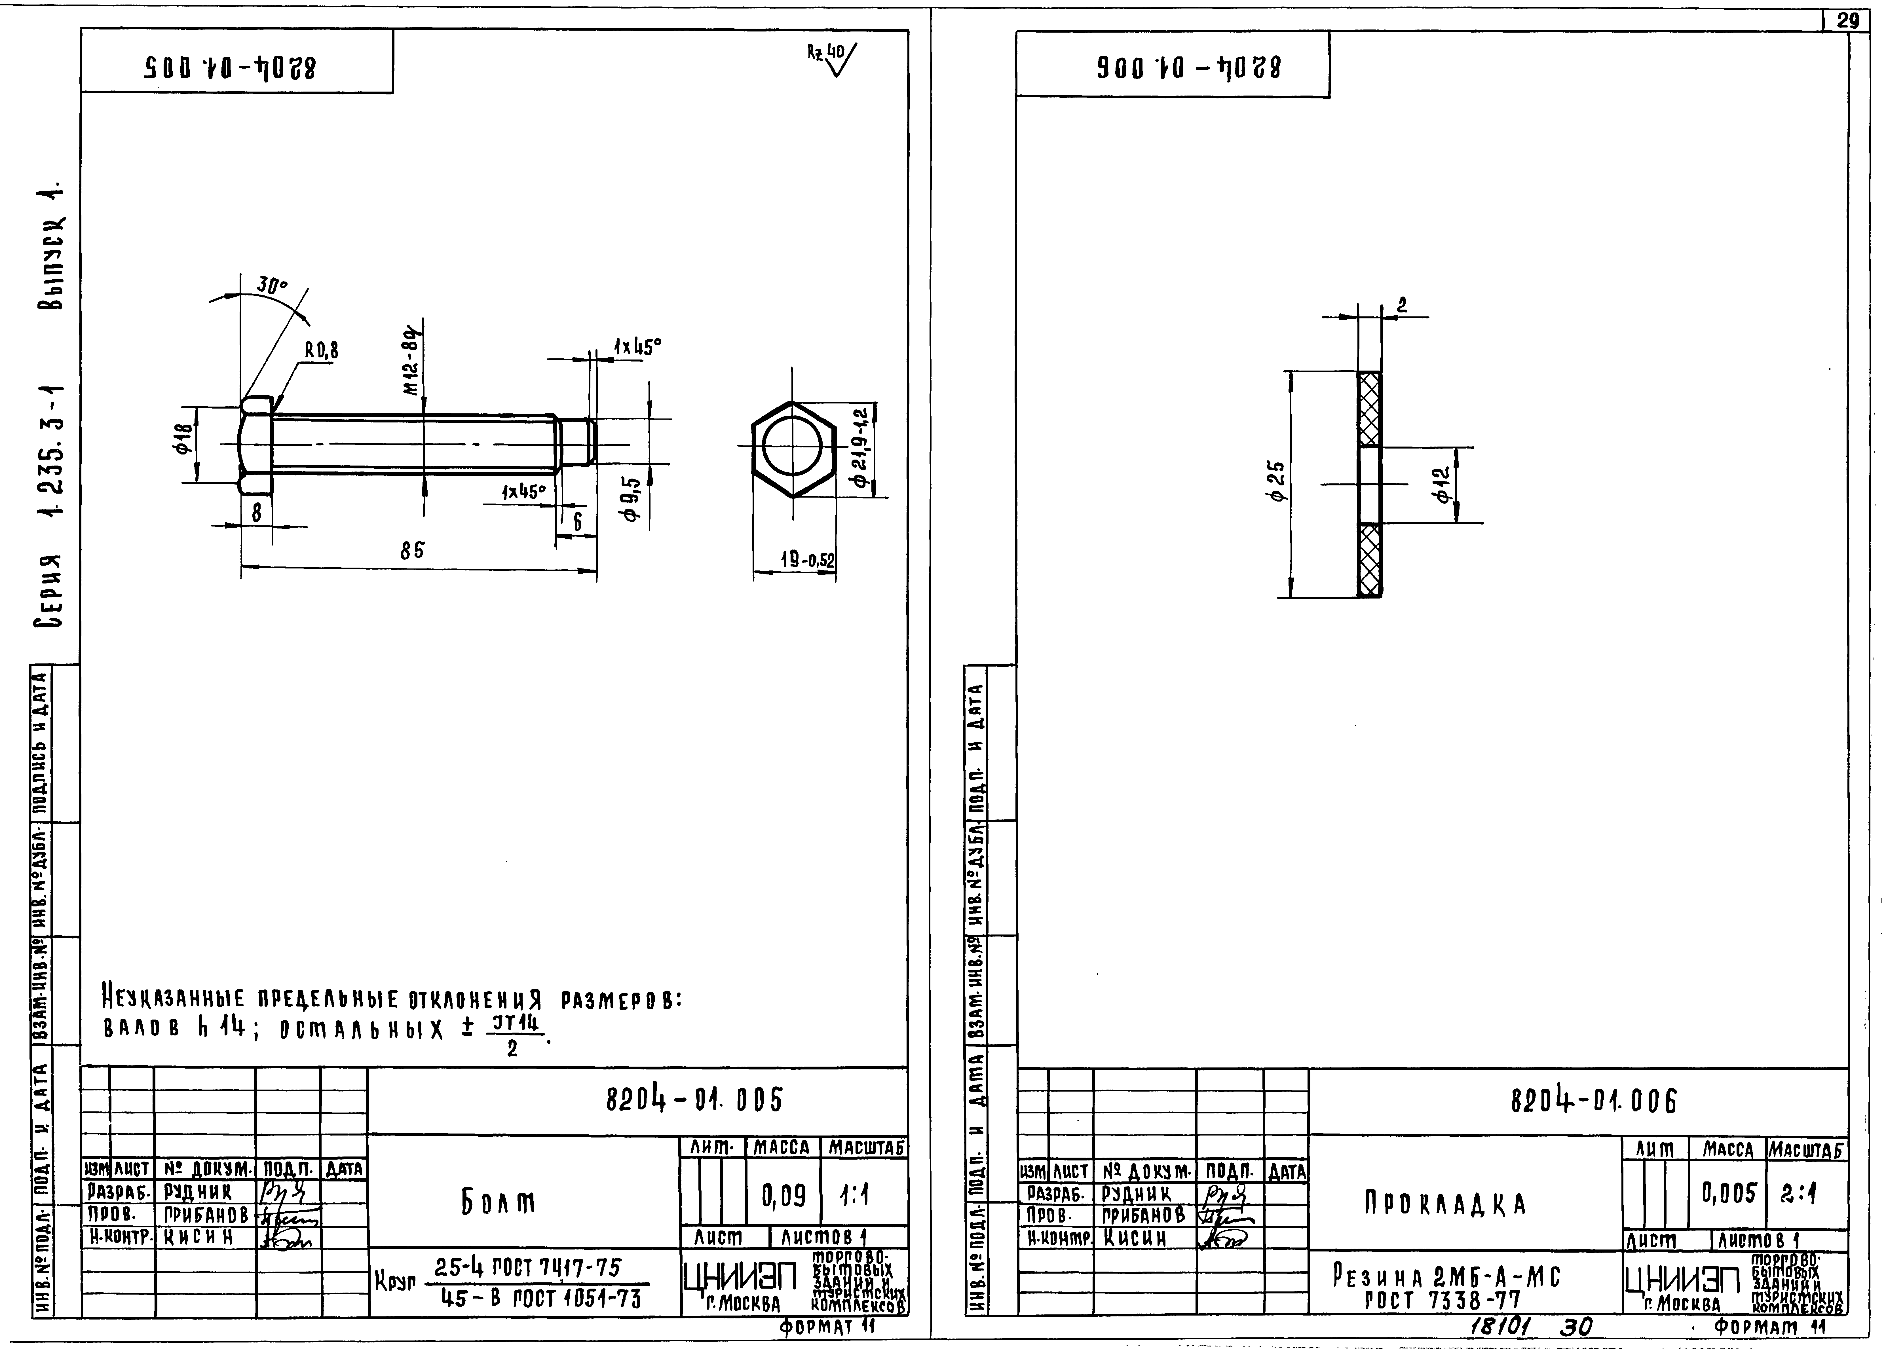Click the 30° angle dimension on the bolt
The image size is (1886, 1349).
pyautogui.click(x=272, y=285)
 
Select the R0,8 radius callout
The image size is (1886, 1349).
pyautogui.click(x=322, y=350)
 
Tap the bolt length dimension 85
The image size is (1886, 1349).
pyautogui.click(x=412, y=551)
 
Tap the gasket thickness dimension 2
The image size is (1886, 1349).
pyautogui.click(x=1402, y=306)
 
